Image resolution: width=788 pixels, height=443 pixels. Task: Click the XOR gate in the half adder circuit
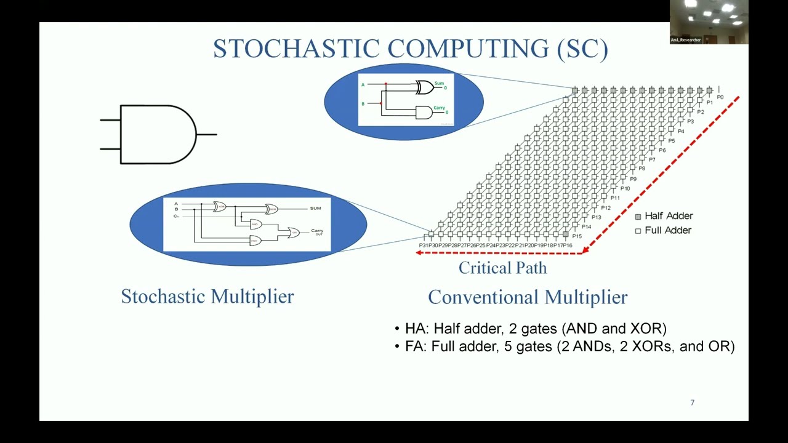(x=424, y=87)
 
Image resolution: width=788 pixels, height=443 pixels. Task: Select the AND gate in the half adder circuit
(x=424, y=112)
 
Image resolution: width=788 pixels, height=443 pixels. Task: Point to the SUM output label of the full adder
(x=315, y=208)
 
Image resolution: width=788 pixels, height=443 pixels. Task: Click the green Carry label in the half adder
(x=439, y=108)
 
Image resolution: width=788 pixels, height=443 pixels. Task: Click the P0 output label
(x=720, y=97)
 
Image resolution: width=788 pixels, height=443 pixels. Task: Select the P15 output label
(x=577, y=236)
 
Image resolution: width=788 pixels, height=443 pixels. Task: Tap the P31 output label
(x=424, y=245)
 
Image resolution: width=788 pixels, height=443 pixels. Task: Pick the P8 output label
(x=641, y=169)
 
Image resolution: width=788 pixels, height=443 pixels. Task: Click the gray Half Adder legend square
(x=638, y=217)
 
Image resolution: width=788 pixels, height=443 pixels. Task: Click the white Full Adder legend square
(x=638, y=231)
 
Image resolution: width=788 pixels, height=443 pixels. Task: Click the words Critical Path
(x=502, y=268)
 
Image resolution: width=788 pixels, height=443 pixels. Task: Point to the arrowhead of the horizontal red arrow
(x=419, y=253)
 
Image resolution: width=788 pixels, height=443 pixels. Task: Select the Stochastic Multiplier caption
(x=207, y=297)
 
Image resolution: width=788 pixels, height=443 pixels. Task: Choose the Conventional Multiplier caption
(x=528, y=297)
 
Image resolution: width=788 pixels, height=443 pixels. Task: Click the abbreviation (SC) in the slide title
(x=582, y=49)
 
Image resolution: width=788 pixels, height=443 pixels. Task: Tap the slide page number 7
(x=692, y=402)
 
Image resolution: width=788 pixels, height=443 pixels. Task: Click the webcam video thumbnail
(x=709, y=22)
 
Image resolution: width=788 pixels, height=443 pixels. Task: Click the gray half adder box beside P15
(x=565, y=234)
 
